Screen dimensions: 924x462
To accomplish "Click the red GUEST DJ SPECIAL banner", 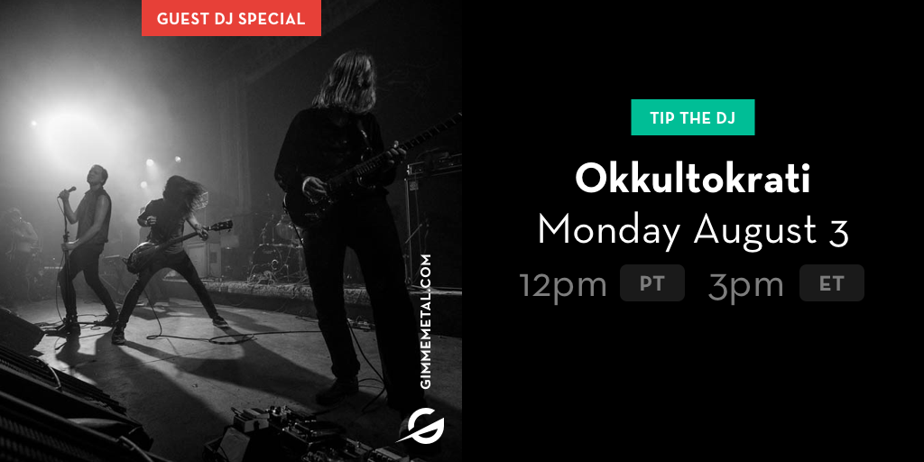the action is point(231,18).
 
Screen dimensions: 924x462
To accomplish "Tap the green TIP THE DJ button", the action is point(692,117).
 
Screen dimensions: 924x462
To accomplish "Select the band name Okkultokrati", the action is point(692,180).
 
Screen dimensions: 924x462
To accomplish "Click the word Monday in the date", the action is point(609,231).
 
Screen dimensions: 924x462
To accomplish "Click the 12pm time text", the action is point(563,284).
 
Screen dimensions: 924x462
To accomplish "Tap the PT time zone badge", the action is point(651,282).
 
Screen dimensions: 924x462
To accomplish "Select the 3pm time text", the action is point(745,284).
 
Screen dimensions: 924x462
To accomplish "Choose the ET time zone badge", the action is point(831,282).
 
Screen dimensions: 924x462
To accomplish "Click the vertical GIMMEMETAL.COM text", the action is point(427,321).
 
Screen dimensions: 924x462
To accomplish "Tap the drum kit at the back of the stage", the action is point(274,247).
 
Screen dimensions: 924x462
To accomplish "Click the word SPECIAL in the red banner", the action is point(281,18).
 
